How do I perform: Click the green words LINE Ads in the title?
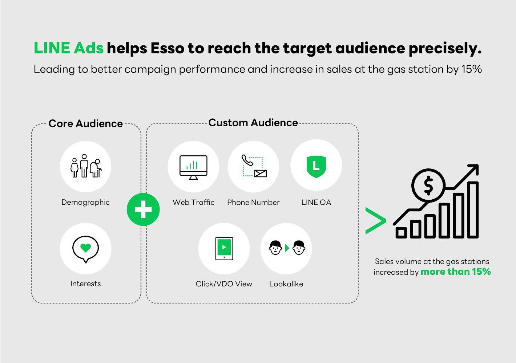[x=69, y=48]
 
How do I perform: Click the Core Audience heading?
[x=86, y=124]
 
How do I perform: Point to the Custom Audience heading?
[x=253, y=123]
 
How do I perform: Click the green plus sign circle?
[x=143, y=209]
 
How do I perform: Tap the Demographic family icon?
[x=86, y=166]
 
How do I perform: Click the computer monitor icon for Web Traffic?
[x=193, y=167]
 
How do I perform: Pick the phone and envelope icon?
[x=254, y=166]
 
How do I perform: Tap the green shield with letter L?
[x=316, y=166]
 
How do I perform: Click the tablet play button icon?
[x=224, y=249]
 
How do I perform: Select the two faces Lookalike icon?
[x=287, y=248]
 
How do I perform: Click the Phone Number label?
[x=253, y=202]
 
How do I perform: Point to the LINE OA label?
[x=316, y=202]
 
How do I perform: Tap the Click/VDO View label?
[x=224, y=284]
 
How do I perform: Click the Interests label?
[x=85, y=284]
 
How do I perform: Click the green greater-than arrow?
[x=376, y=221]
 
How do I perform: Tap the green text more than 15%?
[x=456, y=272]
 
